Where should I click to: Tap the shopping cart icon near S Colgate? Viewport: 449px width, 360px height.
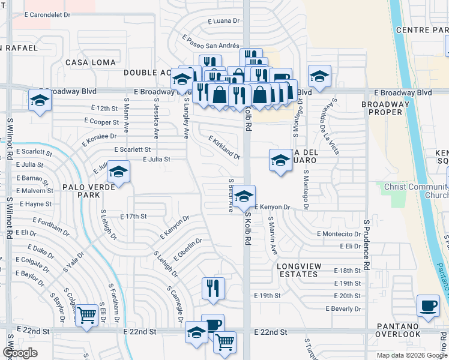coord(87,314)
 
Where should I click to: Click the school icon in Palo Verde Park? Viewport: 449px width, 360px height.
coord(118,173)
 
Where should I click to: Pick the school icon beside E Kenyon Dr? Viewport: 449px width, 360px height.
coord(244,196)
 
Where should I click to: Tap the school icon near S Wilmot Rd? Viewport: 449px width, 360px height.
coord(40,100)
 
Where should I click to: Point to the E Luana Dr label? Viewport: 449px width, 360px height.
coord(224,20)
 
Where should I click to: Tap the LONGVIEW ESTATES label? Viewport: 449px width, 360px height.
coord(298,270)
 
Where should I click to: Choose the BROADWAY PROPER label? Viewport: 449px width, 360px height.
coord(385,108)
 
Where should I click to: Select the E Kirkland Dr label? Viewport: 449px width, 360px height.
coord(224,148)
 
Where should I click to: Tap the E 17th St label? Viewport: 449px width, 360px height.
coord(133,216)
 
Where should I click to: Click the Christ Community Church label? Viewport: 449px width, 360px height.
coord(415,191)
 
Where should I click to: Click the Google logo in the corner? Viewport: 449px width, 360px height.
coord(19,353)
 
